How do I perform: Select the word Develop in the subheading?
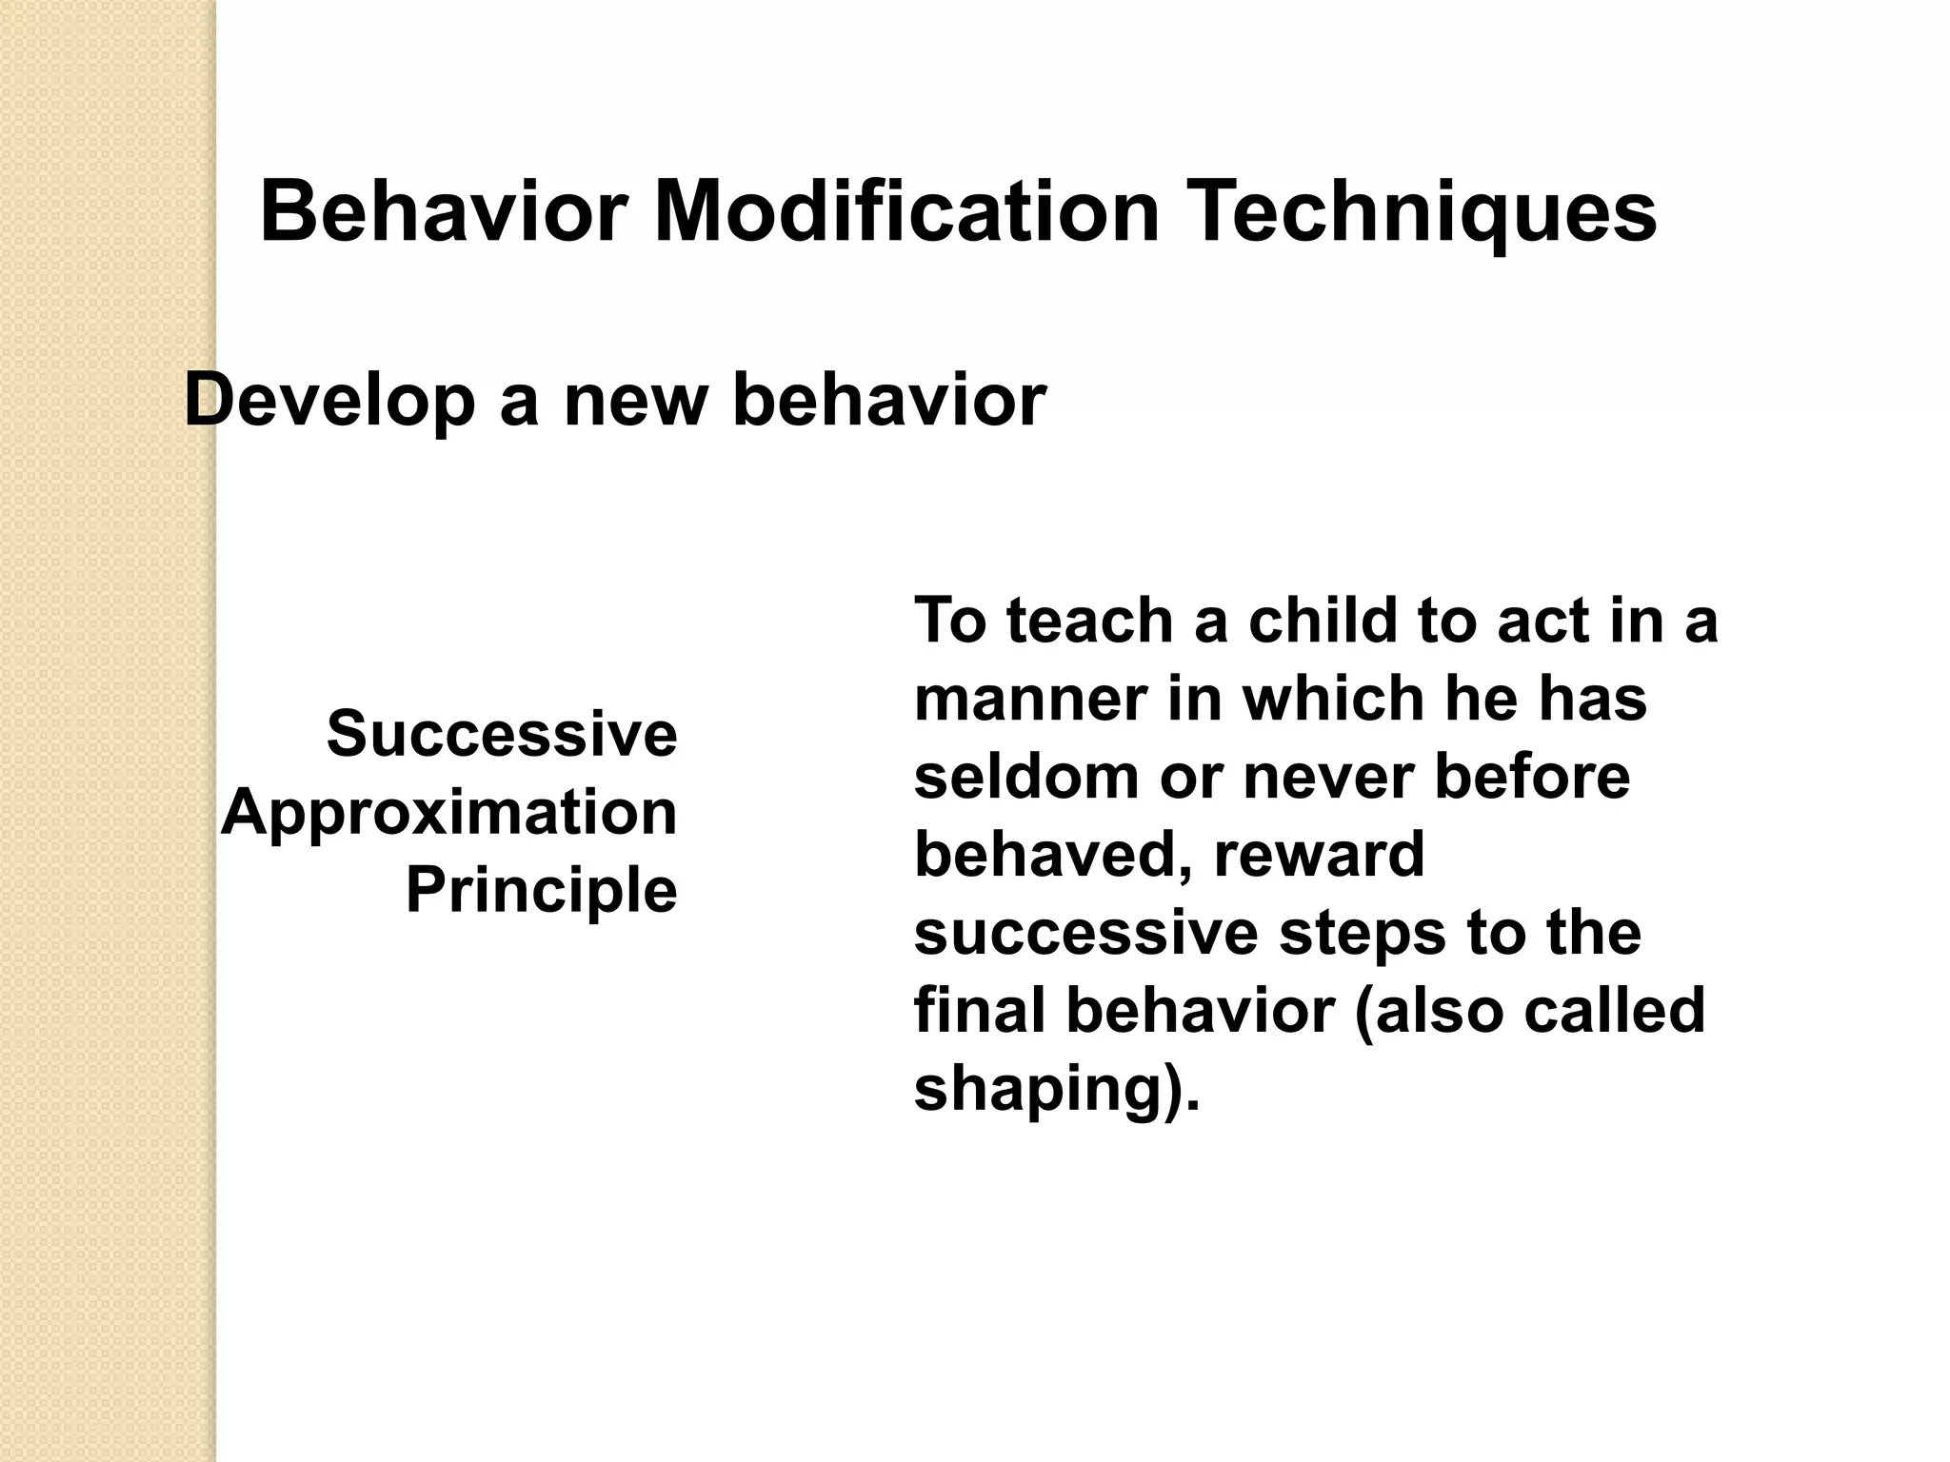point(329,402)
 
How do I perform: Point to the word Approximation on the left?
point(449,813)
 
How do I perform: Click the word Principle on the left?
point(541,891)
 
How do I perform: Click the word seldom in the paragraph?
point(1026,777)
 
